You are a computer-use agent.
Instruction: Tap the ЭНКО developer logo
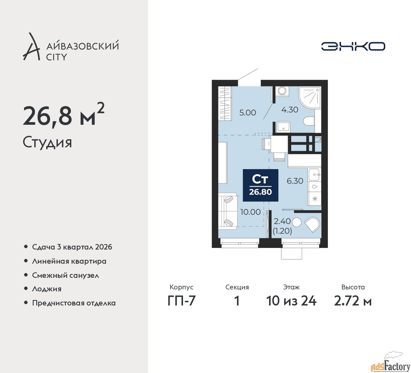(x=353, y=46)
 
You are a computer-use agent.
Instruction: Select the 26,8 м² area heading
(x=64, y=115)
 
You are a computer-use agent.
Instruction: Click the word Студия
(x=47, y=142)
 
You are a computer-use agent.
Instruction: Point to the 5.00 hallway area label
(x=248, y=113)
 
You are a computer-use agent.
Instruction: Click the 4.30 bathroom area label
(x=290, y=110)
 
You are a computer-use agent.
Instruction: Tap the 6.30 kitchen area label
(x=295, y=181)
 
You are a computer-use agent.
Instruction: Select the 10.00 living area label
(x=250, y=212)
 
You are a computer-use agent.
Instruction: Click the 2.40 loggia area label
(x=282, y=221)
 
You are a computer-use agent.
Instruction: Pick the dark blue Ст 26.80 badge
(x=260, y=185)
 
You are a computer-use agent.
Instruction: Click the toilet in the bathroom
(x=309, y=121)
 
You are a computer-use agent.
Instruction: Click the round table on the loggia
(x=296, y=222)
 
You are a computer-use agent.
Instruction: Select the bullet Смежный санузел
(x=66, y=275)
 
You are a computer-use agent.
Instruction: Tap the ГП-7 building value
(x=181, y=301)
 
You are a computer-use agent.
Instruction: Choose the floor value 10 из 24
(x=291, y=301)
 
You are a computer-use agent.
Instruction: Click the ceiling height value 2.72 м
(x=353, y=301)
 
